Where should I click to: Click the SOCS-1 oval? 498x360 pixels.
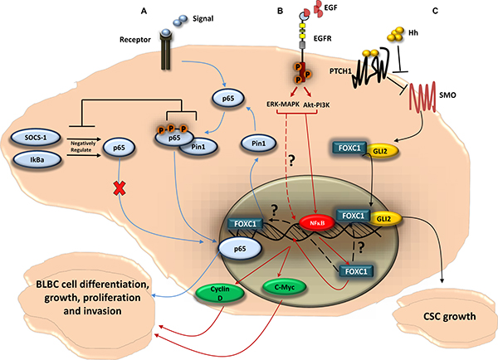click(40, 134)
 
